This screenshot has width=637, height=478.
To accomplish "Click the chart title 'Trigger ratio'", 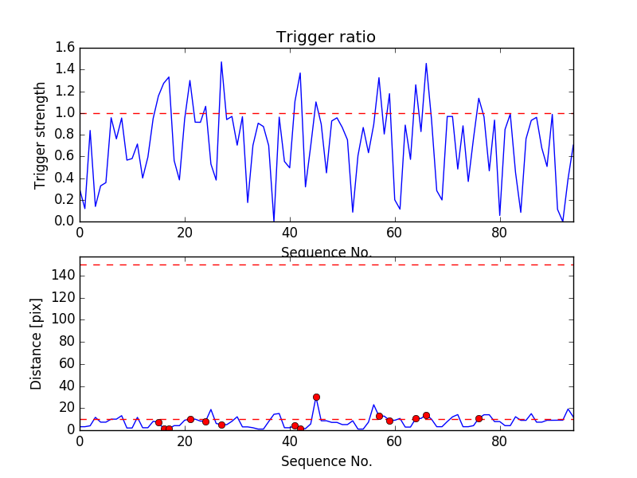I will click(x=326, y=37).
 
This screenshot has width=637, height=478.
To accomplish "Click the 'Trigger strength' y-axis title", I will click(x=41, y=135).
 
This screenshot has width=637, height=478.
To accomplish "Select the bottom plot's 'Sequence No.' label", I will click(x=326, y=461).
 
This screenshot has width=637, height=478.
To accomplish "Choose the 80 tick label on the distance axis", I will click(x=64, y=342).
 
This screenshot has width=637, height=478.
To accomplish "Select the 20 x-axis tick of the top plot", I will click(x=185, y=233).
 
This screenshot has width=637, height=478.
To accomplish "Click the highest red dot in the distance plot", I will click(x=316, y=397).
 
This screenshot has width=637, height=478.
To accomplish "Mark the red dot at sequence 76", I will click(x=479, y=418).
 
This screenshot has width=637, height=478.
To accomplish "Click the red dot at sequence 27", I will click(x=221, y=425).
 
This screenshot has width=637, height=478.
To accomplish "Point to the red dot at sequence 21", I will click(x=190, y=419).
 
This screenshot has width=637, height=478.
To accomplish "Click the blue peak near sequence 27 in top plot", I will click(x=221, y=62).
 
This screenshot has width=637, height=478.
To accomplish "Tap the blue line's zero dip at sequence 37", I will click(x=274, y=220).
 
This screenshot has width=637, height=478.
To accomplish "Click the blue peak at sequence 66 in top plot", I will click(x=426, y=64).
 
